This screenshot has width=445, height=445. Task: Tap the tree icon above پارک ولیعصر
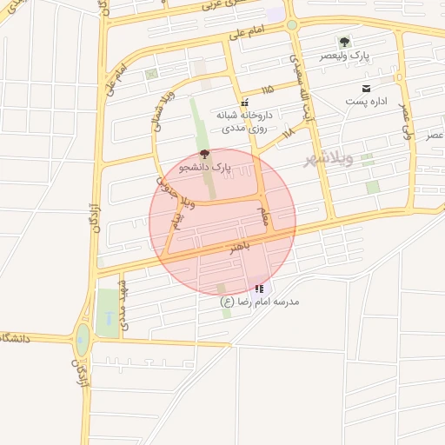[x=345, y=42]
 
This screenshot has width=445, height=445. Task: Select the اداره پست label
[x=368, y=102]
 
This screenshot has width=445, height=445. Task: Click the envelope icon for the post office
[x=366, y=88]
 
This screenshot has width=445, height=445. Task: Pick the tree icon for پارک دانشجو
[x=204, y=153]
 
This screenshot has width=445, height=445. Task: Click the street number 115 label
[x=266, y=90]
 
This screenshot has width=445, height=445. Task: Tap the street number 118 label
[x=288, y=131]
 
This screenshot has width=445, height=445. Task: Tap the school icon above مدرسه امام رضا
[x=258, y=289]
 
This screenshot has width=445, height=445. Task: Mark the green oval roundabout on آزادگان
[x=83, y=339]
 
